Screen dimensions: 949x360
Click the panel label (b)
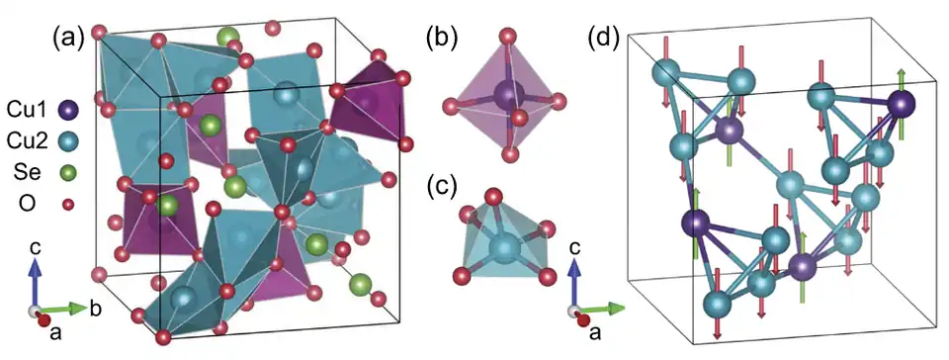(440, 39)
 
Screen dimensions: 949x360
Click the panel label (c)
(440, 185)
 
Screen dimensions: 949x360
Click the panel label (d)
(605, 39)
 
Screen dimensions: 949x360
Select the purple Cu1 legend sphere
(67, 110)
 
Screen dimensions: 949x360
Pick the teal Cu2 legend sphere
(67, 142)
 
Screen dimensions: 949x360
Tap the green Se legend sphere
(67, 174)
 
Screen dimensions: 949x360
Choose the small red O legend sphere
(67, 205)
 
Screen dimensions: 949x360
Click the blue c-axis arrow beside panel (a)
(36, 280)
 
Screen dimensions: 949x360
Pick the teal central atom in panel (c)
(506, 244)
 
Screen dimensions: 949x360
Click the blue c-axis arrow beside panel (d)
(574, 280)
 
